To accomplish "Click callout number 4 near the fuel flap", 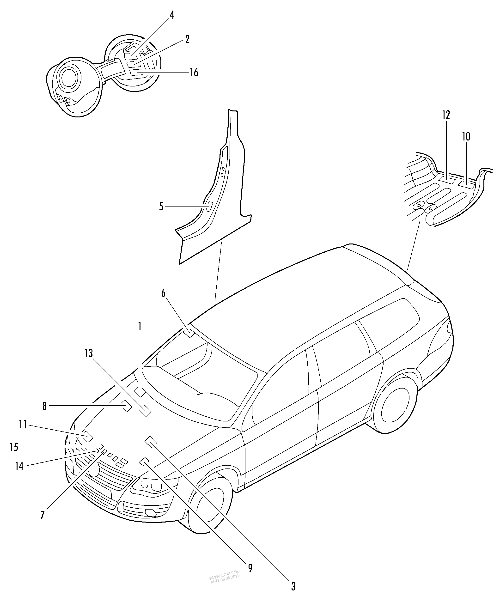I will point(172,15).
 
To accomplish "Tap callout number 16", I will point(194,73).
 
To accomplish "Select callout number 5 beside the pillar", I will point(161,207).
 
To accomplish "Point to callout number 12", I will point(446,115).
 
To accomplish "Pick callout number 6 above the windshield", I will point(163,293).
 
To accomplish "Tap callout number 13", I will point(89,353).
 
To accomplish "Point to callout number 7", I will point(43,515).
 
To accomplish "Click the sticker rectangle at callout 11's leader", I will point(88,436).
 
